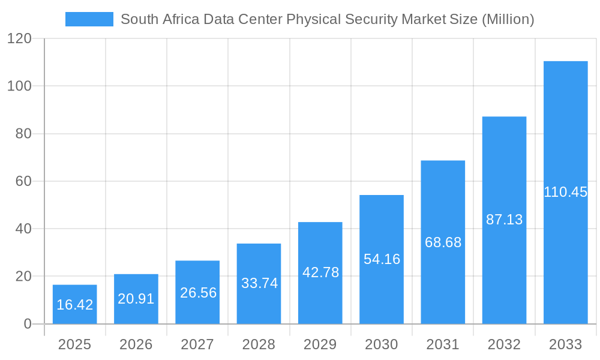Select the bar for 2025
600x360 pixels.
point(75,304)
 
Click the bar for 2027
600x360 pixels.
point(197,292)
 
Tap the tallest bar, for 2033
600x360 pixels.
point(565,192)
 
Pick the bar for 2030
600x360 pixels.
point(382,259)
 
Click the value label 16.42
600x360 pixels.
point(75,305)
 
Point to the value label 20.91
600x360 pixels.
point(136,299)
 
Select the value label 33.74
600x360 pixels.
point(259,283)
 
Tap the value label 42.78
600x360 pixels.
point(320,272)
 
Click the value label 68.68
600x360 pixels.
point(443,242)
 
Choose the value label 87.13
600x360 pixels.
point(504,220)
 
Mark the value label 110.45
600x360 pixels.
point(565,192)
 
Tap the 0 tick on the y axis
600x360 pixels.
point(28,324)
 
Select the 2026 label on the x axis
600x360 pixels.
point(136,344)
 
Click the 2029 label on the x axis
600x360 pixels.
point(320,344)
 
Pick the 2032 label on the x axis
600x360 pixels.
point(504,344)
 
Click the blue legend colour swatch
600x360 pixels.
point(89,19)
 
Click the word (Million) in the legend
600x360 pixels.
point(508,19)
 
